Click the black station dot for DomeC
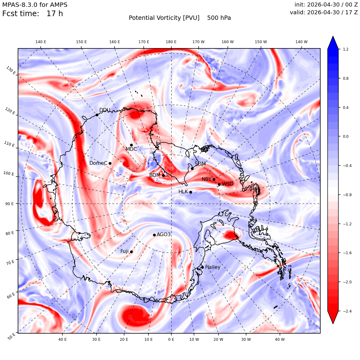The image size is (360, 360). [110, 163]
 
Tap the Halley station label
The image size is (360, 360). [213, 267]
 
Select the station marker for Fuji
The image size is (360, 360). [131, 252]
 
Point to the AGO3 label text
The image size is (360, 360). [164, 234]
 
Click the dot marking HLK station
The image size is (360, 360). [191, 192]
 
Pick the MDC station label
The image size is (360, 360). [131, 149]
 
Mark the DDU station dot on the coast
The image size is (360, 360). [97, 115]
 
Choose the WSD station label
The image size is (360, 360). [227, 184]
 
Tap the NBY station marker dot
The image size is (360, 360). [214, 180]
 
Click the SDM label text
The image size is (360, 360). [200, 164]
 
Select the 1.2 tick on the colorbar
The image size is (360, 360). [345, 49]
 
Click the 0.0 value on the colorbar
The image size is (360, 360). [345, 136]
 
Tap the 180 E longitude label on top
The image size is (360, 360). [171, 42]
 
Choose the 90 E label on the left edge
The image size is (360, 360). [9, 204]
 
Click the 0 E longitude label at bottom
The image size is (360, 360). [171, 339]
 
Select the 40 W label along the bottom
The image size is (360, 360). [280, 339]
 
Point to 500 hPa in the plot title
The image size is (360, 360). [219, 18]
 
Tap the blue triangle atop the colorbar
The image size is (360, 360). [333, 43]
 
